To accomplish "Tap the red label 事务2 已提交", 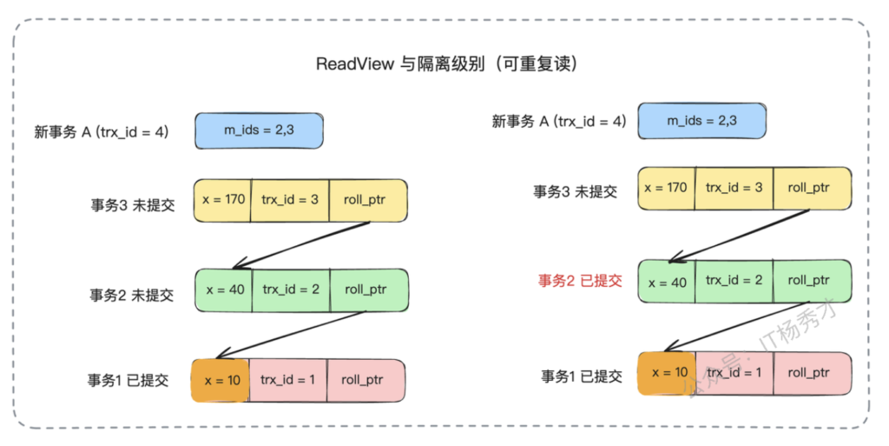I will click(580, 280).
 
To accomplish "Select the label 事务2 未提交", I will click(132, 295).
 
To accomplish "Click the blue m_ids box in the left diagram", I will click(259, 130).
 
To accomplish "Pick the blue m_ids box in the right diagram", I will click(701, 121).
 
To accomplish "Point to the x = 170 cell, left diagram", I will click(221, 199).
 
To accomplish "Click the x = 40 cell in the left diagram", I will click(224, 290).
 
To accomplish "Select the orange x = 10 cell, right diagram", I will click(667, 373).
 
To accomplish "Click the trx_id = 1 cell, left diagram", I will click(287, 380).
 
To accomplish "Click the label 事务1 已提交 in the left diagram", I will click(128, 380).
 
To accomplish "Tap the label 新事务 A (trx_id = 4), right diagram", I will click(558, 122).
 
